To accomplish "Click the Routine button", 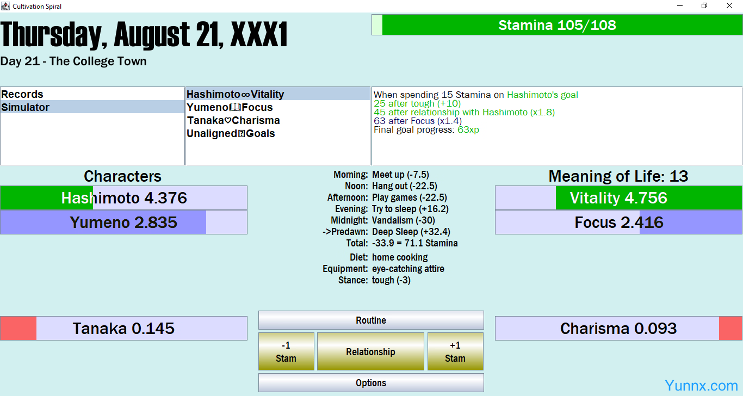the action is [371, 320].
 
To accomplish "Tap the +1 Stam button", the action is [455, 351].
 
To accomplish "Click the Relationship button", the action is [370, 351].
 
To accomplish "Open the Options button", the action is [371, 383].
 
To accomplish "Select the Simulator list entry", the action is [92, 107].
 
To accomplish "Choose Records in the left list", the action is [92, 94].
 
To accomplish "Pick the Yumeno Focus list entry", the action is [277, 107].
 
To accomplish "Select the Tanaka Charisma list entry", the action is [277, 120].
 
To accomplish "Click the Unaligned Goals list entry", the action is [277, 133].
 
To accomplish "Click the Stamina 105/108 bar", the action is [557, 25].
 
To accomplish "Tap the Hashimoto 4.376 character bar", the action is [123, 197].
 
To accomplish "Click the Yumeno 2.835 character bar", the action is [123, 222].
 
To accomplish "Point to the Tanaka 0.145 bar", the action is [123, 329].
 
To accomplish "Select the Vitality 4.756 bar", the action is [618, 197].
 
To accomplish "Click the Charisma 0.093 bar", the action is [618, 329].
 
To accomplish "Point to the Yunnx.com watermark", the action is [701, 385].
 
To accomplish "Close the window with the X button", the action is [729, 5].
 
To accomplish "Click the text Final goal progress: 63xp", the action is [426, 129].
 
